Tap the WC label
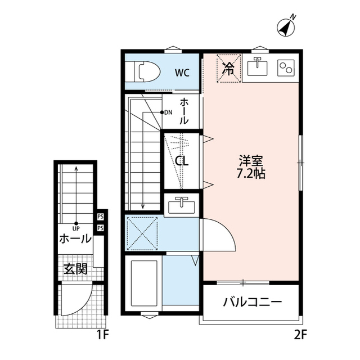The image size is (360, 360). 181,72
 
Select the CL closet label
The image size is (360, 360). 181,161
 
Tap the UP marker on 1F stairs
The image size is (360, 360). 75,227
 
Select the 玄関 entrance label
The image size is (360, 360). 75,268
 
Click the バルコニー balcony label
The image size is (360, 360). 252,303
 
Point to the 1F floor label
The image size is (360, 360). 102,336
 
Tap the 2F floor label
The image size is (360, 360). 300,336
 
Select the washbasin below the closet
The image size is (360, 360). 181,204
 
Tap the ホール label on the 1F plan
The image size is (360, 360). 75,238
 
